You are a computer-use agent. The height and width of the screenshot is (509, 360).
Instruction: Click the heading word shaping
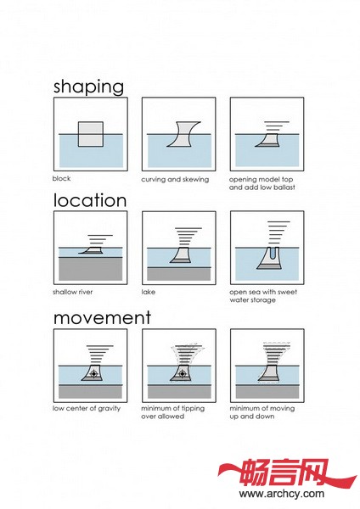[x=88, y=87]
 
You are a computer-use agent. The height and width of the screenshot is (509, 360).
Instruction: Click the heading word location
[x=90, y=200]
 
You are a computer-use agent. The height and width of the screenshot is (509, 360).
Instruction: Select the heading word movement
[x=102, y=317]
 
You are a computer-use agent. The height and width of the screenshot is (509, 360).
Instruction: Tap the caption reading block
[x=61, y=178]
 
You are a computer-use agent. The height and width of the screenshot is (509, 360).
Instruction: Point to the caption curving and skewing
[x=175, y=180]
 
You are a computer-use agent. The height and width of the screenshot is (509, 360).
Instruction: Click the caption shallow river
[x=73, y=292]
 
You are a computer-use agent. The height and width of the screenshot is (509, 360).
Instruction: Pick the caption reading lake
[x=148, y=292]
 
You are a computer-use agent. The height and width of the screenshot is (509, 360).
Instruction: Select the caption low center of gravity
[x=87, y=408]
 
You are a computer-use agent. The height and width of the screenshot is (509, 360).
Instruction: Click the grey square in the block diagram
[x=91, y=134]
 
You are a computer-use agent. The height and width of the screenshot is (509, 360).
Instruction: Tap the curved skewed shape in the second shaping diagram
[x=183, y=134]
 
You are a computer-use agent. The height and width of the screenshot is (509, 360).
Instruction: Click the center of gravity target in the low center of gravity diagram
[x=94, y=373]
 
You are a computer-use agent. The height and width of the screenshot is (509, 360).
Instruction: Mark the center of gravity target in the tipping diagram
[x=183, y=374]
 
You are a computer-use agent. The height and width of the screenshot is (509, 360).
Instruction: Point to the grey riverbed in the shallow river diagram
[x=91, y=269]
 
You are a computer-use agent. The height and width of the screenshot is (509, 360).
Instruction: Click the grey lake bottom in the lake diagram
[x=179, y=274]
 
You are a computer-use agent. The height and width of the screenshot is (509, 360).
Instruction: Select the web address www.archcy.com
[x=281, y=494]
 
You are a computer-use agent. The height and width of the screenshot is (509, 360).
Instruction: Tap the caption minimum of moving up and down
[x=262, y=412]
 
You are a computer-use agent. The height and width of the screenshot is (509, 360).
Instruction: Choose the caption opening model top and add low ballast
[x=262, y=183]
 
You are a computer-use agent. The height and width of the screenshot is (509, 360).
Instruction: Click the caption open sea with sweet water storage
[x=263, y=296]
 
